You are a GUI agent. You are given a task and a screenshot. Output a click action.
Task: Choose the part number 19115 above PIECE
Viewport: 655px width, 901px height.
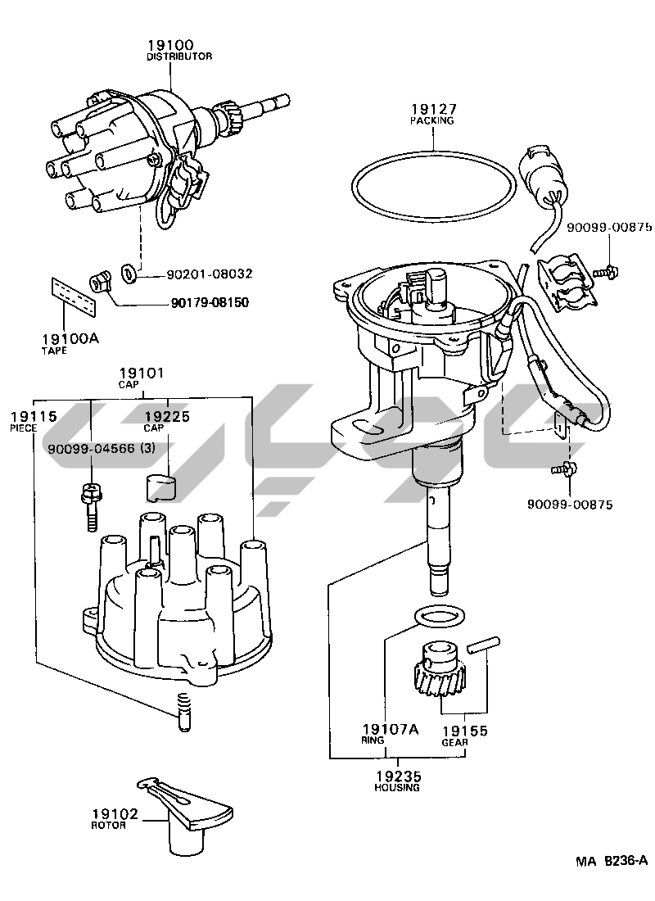34,416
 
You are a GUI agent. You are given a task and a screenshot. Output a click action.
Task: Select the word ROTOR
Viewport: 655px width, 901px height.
109,826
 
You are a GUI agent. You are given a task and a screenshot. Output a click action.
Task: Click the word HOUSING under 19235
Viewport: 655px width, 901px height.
397,787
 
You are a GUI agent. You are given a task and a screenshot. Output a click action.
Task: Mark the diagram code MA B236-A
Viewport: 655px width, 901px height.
611,860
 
